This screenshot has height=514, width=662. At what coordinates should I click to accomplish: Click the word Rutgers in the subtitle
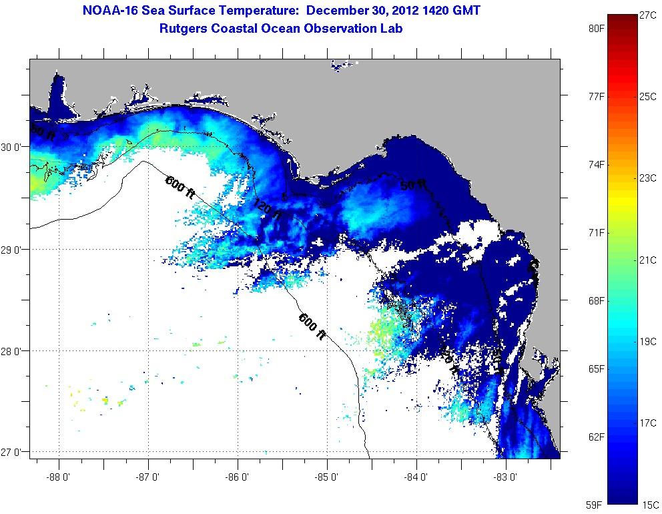[184, 29]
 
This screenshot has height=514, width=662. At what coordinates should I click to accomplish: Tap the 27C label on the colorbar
[647, 15]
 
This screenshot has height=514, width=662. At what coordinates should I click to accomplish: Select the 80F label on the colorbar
[596, 29]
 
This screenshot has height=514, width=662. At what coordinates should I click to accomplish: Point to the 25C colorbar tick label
[647, 97]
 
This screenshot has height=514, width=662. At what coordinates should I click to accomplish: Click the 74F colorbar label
[596, 165]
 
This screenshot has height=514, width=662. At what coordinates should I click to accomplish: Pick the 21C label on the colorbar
[647, 260]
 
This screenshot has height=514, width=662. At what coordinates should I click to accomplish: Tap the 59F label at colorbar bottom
[596, 504]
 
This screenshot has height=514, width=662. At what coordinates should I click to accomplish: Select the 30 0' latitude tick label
[14, 147]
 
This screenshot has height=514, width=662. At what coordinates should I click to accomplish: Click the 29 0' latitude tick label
[14, 250]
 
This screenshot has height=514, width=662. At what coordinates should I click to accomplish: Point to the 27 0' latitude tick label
[14, 453]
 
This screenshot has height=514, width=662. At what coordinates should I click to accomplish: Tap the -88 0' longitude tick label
[59, 478]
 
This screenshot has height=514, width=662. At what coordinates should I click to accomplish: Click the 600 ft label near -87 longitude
[180, 185]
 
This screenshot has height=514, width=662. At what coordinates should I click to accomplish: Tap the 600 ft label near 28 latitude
[311, 326]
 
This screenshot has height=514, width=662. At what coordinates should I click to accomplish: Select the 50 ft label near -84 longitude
[412, 186]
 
